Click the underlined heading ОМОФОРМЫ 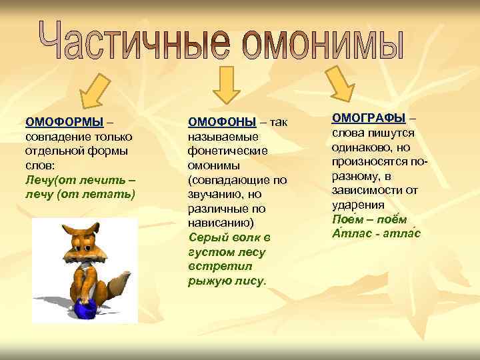pyautogui.click(x=64, y=121)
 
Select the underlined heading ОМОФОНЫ pyautogui.click(x=222, y=121)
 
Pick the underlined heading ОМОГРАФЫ pyautogui.click(x=369, y=118)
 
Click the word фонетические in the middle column pyautogui.click(x=227, y=151)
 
